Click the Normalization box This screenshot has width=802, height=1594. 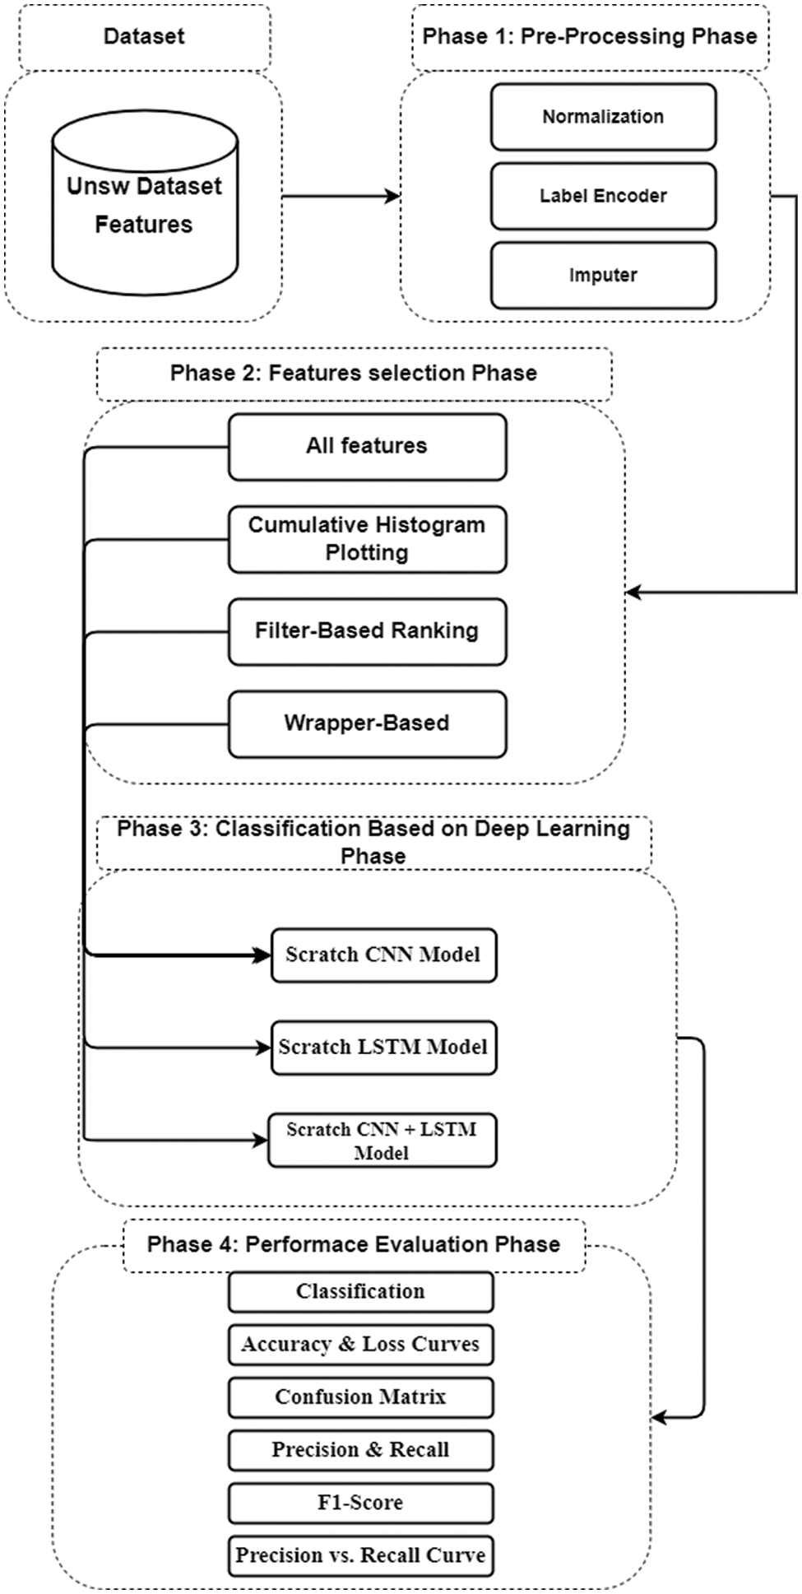coord(603,117)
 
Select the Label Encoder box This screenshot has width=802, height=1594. coord(603,196)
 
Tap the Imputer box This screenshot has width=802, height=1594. coord(603,275)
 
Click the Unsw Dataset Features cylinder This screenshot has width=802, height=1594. coord(145,206)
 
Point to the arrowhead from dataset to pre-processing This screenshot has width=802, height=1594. coord(393,196)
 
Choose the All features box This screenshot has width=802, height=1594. coord(367,447)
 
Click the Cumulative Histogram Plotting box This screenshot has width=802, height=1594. coord(367,539)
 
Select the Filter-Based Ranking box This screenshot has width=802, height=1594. coord(367,631)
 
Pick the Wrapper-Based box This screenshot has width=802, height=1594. coord(367,724)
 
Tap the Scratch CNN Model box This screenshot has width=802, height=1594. coord(383,955)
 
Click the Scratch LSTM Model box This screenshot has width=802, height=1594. coord(383,1048)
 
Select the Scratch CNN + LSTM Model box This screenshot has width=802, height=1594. coord(382,1141)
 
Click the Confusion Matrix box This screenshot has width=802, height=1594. coord(360,1397)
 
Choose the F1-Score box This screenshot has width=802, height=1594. coord(360,1503)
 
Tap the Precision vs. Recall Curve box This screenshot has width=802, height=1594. coord(360,1555)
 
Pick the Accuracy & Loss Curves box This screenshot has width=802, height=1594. coord(360,1345)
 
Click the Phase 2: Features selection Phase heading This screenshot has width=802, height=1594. coord(354,374)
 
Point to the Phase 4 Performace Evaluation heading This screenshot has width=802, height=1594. coord(354,1244)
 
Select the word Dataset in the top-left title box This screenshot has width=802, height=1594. coord(144,36)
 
